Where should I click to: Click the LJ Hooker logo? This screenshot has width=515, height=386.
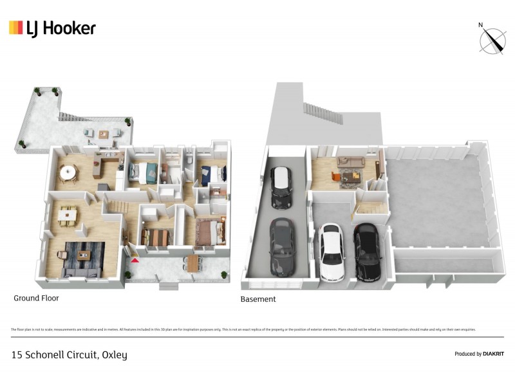tap(52, 28)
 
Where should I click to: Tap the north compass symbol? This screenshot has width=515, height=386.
tap(492, 39)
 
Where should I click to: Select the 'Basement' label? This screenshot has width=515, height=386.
tap(257, 299)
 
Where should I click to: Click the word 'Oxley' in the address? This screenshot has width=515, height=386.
tap(115, 355)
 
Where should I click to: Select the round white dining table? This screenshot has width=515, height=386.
tap(67, 172)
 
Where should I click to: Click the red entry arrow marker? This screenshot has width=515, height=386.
tap(135, 260)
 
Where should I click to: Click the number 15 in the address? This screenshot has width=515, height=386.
tap(17, 355)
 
